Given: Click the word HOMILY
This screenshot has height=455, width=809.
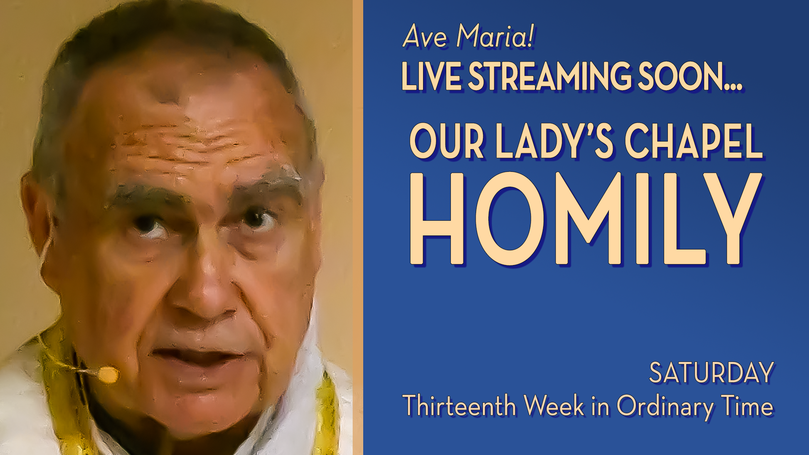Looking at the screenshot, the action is click(x=586, y=219).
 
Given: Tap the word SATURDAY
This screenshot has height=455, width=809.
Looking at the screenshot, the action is click(x=712, y=373).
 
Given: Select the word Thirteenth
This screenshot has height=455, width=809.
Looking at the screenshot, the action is click(x=460, y=405).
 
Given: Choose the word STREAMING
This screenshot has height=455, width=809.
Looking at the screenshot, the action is click(x=550, y=76).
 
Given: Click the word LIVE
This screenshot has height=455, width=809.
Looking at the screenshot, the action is click(x=431, y=76).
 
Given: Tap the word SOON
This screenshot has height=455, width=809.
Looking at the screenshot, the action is click(x=690, y=76).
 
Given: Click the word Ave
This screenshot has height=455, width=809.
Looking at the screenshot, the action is click(x=425, y=36).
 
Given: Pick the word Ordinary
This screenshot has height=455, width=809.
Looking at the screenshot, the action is click(x=665, y=406).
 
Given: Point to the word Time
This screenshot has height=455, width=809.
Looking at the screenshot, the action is click(x=747, y=405).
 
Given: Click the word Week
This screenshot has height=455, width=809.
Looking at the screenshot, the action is click(x=554, y=405).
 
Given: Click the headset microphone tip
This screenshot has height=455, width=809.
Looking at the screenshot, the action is click(x=108, y=374).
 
